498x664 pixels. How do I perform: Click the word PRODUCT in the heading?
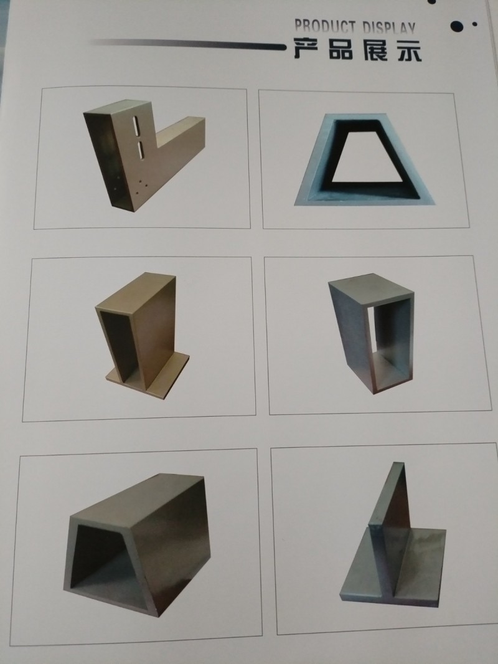[x=325, y=27]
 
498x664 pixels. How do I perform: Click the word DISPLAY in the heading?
[x=389, y=28]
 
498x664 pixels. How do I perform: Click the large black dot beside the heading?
[x=457, y=26]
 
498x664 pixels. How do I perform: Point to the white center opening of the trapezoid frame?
[x=366, y=159]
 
